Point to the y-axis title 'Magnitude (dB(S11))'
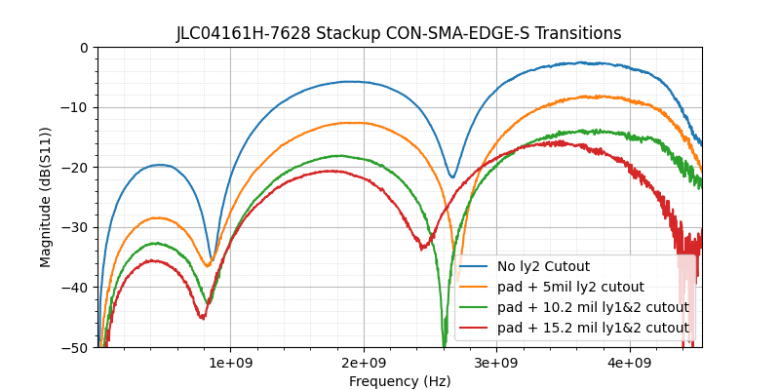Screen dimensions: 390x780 (46, 197)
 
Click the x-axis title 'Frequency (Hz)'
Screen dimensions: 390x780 (400, 381)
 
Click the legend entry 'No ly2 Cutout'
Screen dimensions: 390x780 (543, 266)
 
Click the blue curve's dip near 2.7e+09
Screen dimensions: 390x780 (452, 177)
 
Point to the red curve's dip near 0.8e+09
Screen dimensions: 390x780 (202, 318)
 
